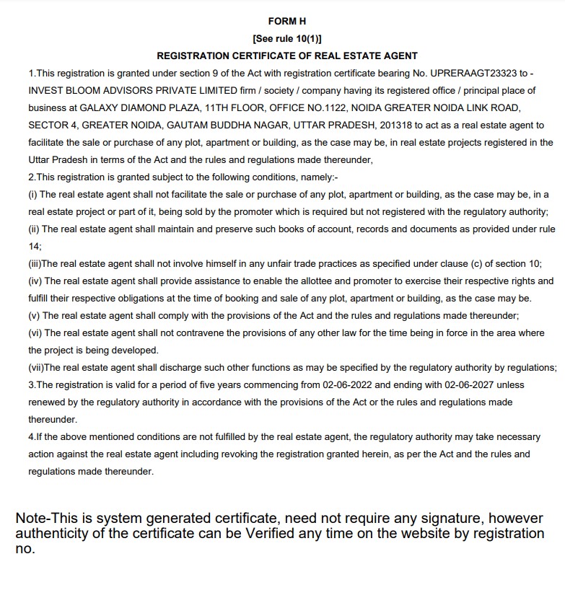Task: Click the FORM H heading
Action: click(x=287, y=22)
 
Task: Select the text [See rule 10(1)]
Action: click(x=287, y=39)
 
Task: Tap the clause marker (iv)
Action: click(x=35, y=281)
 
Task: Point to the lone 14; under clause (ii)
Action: click(x=35, y=247)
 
